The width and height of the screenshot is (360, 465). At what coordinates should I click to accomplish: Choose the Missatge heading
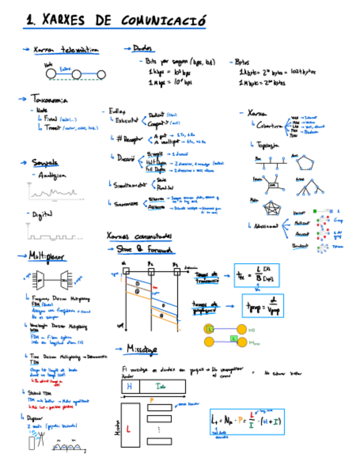142,349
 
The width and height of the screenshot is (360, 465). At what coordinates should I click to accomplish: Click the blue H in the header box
130,387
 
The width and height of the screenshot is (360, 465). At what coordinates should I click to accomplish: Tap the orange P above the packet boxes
152,400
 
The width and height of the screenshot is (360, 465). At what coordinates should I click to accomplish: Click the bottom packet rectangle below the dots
159,441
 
